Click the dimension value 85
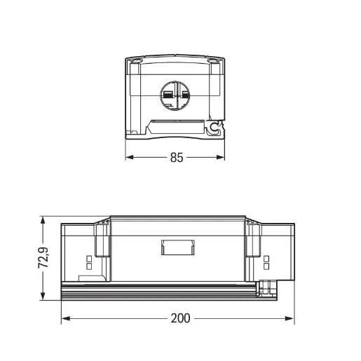pos(176,158)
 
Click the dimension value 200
pos(180,318)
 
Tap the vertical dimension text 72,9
pos(44,259)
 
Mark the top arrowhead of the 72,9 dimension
pos(43,220)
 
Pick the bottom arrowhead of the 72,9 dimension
pos(43,297)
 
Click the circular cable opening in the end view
pos(175,95)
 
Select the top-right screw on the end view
pos(213,62)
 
